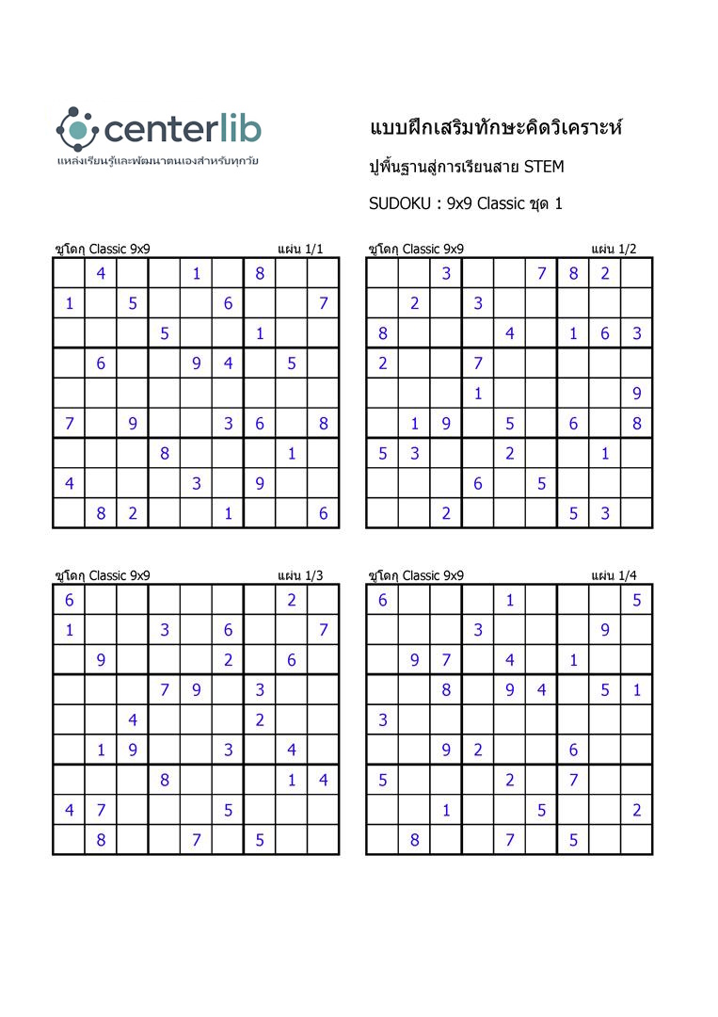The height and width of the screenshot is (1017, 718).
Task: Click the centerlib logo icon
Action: click(x=76, y=128)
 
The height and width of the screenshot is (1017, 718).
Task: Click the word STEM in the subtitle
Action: click(x=544, y=167)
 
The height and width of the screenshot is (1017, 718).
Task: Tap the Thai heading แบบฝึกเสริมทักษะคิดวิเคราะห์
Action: click(x=497, y=128)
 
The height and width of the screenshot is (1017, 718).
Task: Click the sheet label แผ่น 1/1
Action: click(x=300, y=249)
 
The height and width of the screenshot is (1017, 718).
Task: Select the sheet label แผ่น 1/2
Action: click(x=614, y=249)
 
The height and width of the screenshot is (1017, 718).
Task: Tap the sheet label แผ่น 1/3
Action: click(x=300, y=575)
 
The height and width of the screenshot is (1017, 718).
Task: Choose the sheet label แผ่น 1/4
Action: click(x=614, y=575)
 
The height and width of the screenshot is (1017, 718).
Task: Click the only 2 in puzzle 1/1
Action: click(x=133, y=513)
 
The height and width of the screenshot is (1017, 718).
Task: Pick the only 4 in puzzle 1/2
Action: click(x=509, y=333)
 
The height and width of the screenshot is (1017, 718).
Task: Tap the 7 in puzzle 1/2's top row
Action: click(x=541, y=274)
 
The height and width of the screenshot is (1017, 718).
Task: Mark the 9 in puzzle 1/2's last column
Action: click(x=637, y=394)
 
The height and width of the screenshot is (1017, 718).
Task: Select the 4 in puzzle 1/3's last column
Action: click(x=323, y=780)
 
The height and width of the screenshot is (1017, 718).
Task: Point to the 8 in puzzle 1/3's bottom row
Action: click(x=101, y=840)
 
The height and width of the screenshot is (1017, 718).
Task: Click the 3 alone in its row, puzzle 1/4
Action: click(x=383, y=720)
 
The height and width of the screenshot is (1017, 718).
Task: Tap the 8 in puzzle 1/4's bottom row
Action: click(x=414, y=840)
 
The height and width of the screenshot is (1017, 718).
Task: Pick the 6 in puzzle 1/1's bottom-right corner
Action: click(x=323, y=513)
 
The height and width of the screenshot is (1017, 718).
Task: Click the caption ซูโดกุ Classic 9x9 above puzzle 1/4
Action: click(x=416, y=575)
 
